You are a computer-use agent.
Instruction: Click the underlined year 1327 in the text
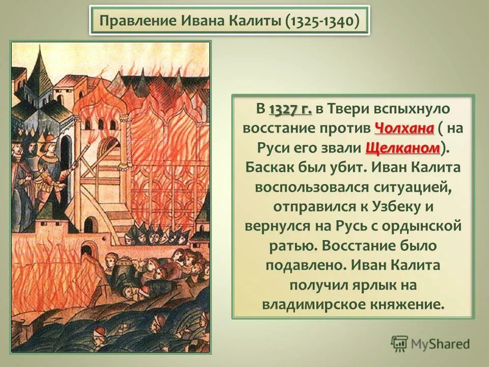click(290, 110)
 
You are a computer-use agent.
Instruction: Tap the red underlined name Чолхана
click(404, 128)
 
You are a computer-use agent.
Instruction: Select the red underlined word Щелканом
click(402, 148)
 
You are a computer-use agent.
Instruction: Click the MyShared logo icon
click(400, 343)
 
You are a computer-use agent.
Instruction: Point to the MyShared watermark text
click(441, 344)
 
